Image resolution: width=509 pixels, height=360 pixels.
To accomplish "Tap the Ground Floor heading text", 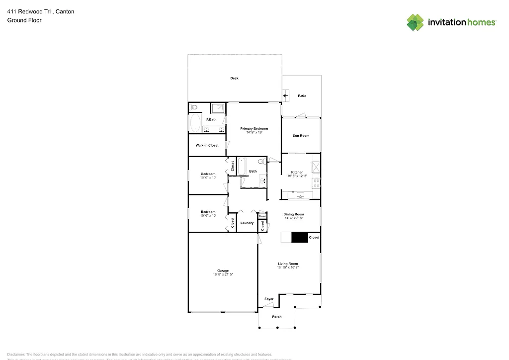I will click(x=24, y=20).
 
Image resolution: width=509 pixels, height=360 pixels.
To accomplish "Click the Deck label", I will click(x=234, y=78).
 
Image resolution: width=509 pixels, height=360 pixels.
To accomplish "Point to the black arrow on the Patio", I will click(x=286, y=94).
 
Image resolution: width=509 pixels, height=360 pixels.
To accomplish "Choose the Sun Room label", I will click(x=301, y=135).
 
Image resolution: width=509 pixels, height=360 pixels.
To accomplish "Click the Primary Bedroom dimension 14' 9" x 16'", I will click(x=251, y=132).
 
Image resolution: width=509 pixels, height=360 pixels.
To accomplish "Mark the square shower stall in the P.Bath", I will click(x=218, y=109).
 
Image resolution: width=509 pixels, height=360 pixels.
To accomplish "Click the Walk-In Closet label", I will click(x=207, y=145).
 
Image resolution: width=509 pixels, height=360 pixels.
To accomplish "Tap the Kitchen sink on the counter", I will click(x=300, y=196).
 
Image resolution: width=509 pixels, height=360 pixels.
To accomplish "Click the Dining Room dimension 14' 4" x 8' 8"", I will click(x=294, y=218).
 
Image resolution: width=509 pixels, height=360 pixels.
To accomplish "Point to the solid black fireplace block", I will click(x=299, y=238).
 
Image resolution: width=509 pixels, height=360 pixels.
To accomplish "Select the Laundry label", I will click(x=247, y=223).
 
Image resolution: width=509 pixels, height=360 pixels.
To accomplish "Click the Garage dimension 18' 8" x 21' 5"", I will click(x=223, y=274).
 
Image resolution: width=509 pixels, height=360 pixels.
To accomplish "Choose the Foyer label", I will click(x=268, y=299).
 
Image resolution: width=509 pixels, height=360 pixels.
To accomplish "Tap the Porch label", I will click(x=277, y=317).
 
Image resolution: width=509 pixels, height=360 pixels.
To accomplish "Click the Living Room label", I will click(x=288, y=264).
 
